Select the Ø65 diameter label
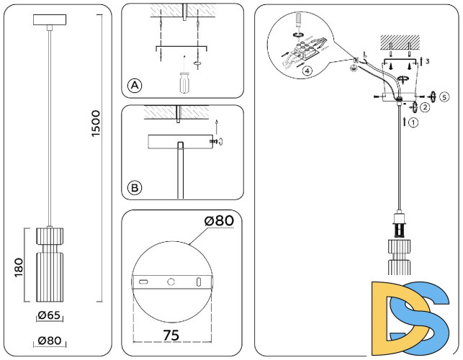(48, 315)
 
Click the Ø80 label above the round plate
(218, 221)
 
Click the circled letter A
(135, 86)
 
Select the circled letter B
(135, 189)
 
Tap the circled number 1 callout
(413, 122)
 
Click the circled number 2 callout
(426, 108)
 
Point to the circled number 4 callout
(307, 71)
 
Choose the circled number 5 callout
(444, 96)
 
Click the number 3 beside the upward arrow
(428, 62)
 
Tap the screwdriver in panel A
(184, 78)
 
